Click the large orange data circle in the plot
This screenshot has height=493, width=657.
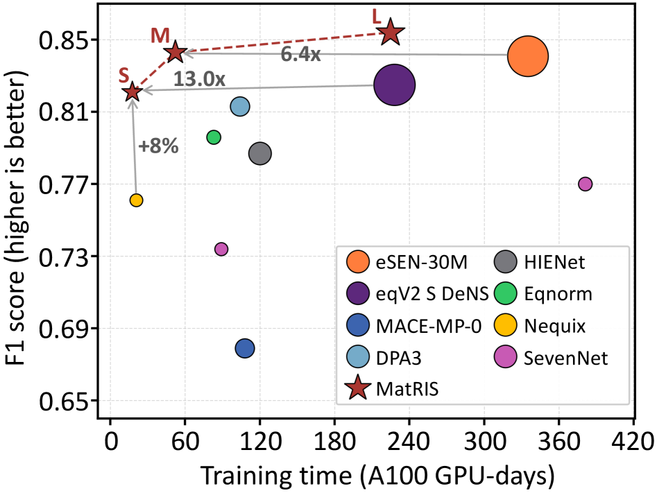pos(528,56)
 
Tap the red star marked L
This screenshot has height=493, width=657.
pos(391,32)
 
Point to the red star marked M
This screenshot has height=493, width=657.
pos(175,51)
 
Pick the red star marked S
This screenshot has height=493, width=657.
pos(132,91)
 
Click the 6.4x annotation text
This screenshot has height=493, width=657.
pos(300,55)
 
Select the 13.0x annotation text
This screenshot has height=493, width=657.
pos(199,78)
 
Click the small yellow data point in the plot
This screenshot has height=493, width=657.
pos(136,200)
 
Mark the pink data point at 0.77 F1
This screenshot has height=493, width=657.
pos(585,184)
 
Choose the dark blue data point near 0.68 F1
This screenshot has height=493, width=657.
pos(244,348)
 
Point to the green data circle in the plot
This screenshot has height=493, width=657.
pos(214,137)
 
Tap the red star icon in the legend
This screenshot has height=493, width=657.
pos(358,389)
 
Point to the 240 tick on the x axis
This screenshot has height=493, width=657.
pos(409,441)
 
